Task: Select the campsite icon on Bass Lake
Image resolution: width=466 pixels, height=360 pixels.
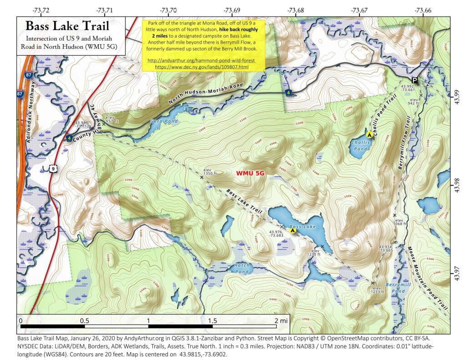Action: pyautogui.click(x=294, y=231)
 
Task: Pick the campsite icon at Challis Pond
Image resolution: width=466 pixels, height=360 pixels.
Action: pyautogui.click(x=370, y=134)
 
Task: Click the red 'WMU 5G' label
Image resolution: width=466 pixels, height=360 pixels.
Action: pyautogui.click(x=250, y=173)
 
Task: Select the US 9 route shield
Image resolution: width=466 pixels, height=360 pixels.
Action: pyautogui.click(x=53, y=169)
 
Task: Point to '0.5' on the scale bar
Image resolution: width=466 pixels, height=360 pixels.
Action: pyautogui.click(x=85, y=320)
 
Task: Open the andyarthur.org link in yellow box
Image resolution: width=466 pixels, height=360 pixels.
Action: pyautogui.click(x=203, y=60)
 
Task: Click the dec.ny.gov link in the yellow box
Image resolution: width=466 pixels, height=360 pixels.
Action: pyautogui.click(x=203, y=66)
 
